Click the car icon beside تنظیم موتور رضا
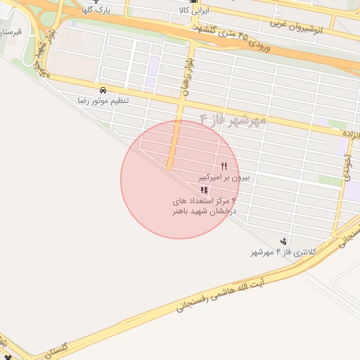[x=103, y=91]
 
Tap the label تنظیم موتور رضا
[x=103, y=101]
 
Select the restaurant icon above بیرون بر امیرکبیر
[x=224, y=166]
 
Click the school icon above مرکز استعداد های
[x=204, y=190]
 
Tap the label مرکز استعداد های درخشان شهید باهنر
[x=206, y=206]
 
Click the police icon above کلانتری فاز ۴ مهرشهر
[x=283, y=241]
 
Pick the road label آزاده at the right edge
[x=349, y=133]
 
